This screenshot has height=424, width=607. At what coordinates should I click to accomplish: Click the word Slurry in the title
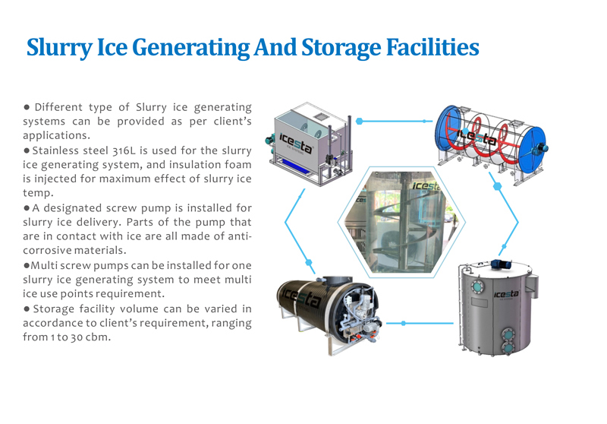[x=59, y=47]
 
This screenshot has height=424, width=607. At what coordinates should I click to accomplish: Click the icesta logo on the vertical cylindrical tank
[x=505, y=294]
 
